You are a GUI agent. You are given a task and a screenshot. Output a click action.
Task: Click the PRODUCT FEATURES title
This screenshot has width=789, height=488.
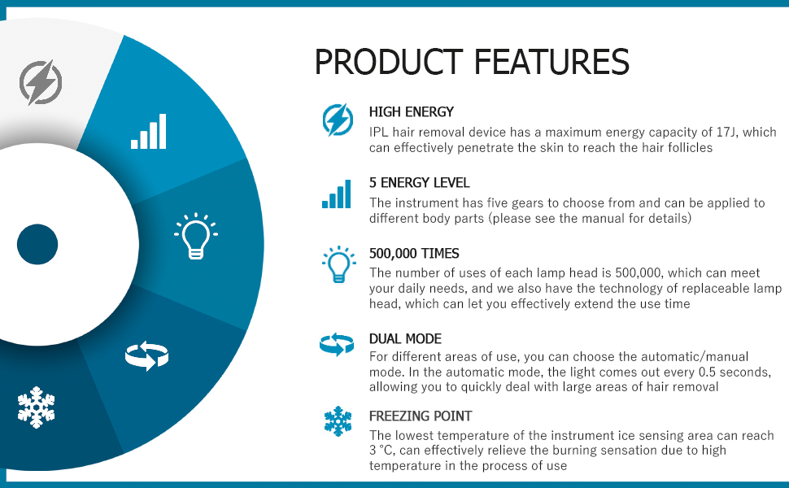coord(472,62)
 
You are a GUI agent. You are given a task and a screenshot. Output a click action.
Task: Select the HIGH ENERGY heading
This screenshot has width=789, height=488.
coord(411,111)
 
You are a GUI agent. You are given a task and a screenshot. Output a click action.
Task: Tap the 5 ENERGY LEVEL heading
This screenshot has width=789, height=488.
coord(419,183)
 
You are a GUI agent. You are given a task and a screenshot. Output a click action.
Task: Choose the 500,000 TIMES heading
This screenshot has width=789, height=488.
coord(414,253)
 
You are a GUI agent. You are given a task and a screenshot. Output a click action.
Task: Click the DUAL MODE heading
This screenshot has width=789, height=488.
coord(405,338)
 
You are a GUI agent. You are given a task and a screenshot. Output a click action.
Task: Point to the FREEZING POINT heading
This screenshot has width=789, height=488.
coord(421,416)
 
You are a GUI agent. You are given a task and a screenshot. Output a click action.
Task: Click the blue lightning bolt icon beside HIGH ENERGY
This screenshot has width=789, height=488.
coord(338,120)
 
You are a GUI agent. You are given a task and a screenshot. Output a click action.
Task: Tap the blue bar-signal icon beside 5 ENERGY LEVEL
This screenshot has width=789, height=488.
coord(336,194)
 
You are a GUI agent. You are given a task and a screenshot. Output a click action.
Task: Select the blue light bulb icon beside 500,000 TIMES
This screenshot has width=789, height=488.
coord(338,264)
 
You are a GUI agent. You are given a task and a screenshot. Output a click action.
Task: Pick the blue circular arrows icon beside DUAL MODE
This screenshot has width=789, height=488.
coord(337,345)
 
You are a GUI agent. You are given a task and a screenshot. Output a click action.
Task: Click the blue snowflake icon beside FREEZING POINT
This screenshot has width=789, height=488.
coord(338,421)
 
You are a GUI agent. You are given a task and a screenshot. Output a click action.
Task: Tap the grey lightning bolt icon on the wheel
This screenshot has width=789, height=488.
coord(40,83)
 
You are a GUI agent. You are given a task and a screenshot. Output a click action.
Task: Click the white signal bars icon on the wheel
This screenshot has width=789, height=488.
coord(148,131)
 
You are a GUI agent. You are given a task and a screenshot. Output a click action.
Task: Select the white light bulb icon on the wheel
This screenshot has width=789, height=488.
coord(196,236)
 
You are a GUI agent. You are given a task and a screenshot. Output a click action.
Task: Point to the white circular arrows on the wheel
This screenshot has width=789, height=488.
coord(146,355)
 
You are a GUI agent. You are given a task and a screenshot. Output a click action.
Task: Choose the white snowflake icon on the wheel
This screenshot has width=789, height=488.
coord(36,407)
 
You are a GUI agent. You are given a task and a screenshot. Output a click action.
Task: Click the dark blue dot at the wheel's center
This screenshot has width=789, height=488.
coord(37,245)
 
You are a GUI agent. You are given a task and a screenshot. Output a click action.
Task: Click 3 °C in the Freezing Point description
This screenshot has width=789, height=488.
coord(381,451)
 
